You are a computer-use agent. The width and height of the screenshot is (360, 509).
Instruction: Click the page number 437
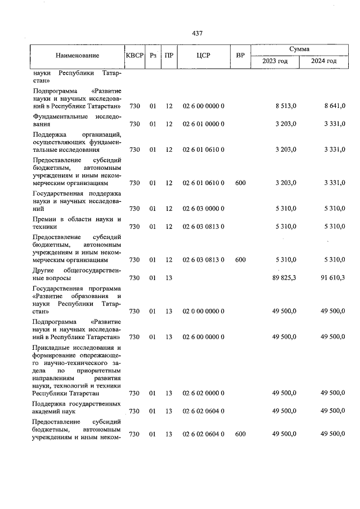197,34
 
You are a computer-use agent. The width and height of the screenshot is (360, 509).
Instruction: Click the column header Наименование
78,55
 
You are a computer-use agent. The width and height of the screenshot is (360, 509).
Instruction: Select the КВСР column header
134,55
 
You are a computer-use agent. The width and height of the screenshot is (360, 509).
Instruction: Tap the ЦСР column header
203,55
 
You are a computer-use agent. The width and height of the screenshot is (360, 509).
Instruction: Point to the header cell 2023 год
275,61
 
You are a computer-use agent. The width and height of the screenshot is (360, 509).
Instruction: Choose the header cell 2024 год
324,61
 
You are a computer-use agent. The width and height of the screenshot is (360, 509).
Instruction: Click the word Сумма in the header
299,49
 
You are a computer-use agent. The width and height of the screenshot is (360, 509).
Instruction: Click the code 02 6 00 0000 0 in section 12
203,106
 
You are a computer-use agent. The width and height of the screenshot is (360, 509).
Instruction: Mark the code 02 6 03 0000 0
203,209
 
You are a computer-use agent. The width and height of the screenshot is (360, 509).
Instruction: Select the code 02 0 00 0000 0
203,311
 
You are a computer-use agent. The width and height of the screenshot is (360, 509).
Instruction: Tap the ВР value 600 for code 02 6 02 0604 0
240,434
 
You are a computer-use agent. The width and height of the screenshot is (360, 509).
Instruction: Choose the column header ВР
240,55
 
